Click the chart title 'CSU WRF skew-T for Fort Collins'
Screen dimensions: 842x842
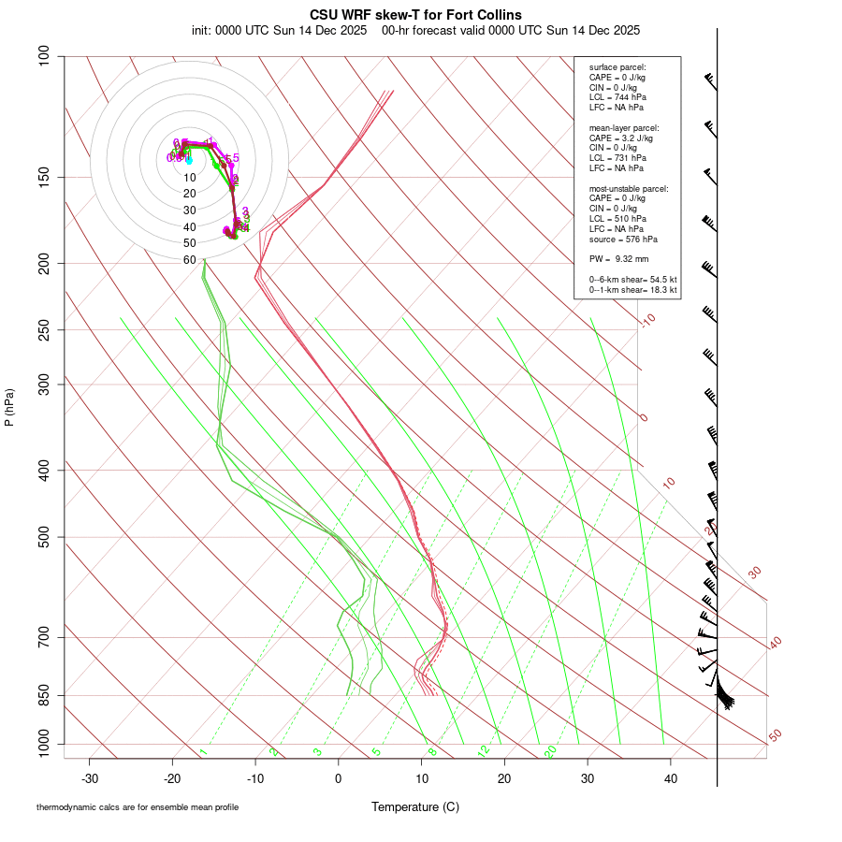[415, 15]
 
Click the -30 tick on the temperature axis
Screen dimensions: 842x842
[90, 777]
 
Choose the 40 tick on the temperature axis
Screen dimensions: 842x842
[671, 777]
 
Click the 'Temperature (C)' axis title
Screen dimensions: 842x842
[415, 806]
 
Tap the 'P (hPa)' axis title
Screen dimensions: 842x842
[9, 407]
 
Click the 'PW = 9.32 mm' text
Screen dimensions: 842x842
[618, 258]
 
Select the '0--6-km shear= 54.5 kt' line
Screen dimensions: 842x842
[632, 280]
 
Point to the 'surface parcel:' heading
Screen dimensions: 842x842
[617, 67]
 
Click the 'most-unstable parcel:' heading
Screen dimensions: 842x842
[629, 188]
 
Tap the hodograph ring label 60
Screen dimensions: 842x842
[189, 260]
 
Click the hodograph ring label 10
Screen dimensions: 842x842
[189, 178]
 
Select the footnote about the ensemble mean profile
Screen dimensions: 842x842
[137, 806]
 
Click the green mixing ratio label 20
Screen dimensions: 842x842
[551, 751]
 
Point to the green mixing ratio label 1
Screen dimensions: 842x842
[203, 752]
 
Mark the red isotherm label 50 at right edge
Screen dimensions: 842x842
[775, 736]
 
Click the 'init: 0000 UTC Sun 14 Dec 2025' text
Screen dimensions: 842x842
[279, 30]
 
